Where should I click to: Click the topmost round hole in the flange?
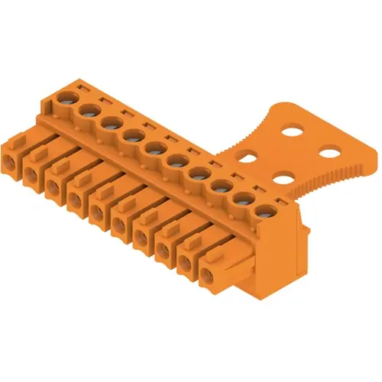(293, 131)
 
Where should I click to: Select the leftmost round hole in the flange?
(247, 159)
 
